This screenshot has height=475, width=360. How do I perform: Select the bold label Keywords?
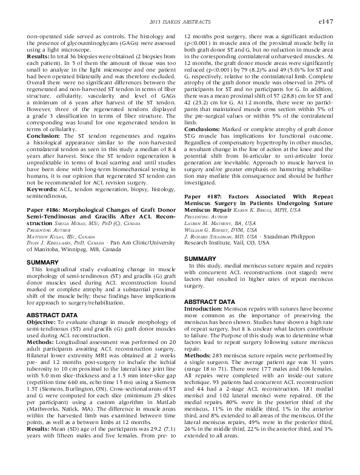(x=41, y=190)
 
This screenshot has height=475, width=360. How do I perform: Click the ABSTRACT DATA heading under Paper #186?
(x=52, y=314)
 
